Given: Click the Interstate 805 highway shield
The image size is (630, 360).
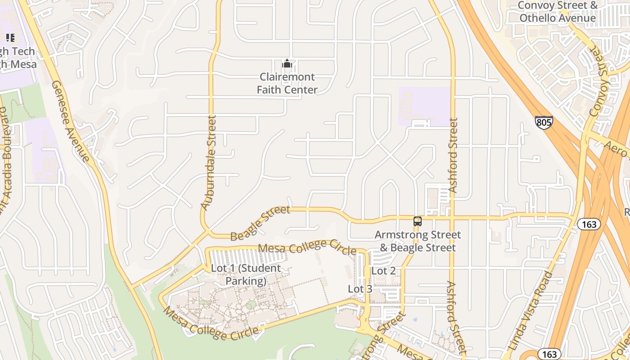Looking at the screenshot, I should [x=544, y=122].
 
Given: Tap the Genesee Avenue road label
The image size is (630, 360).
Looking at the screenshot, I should [x=70, y=121].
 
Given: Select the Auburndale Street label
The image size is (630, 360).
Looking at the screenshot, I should [x=209, y=163].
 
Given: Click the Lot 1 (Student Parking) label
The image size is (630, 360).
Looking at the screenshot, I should [x=246, y=274].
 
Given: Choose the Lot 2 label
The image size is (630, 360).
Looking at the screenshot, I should [x=383, y=271].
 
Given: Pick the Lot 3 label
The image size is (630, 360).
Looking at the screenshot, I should [x=360, y=289].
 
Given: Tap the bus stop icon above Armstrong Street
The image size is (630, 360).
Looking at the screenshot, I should [x=418, y=221].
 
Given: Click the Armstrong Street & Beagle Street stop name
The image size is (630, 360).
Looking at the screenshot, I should [x=418, y=241].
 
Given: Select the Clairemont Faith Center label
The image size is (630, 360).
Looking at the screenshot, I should [x=287, y=83].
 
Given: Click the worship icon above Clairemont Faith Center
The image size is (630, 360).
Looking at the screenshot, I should [x=287, y=64].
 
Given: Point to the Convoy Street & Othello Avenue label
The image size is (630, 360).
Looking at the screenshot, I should [x=558, y=12].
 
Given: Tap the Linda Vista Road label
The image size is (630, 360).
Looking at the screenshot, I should [x=530, y=310].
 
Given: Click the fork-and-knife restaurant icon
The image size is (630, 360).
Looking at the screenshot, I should [x=10, y=38].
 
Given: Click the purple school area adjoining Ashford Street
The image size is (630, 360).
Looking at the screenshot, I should [x=424, y=106].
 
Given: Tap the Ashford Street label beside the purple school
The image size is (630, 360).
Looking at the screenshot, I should [x=453, y=156].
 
